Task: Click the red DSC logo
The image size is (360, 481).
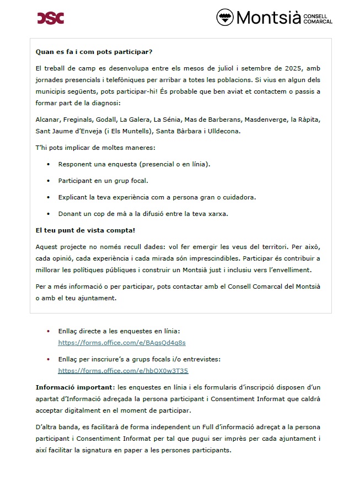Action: (x=51, y=18)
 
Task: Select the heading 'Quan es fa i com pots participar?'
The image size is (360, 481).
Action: (x=94, y=52)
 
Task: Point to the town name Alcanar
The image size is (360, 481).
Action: (x=47, y=119)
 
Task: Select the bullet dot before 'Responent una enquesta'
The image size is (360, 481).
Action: (x=48, y=164)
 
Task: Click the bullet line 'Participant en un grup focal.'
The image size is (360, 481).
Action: (x=103, y=180)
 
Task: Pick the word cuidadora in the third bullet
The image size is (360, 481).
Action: (x=240, y=197)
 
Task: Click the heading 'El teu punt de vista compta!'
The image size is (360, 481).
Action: (x=85, y=230)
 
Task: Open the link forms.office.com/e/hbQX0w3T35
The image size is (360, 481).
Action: (x=123, y=371)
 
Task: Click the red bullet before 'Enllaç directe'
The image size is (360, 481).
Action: (x=49, y=331)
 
